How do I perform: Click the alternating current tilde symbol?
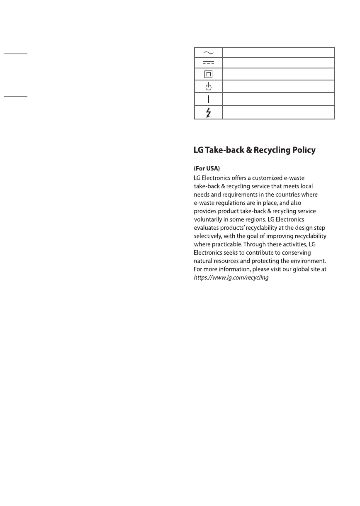click(x=208, y=52)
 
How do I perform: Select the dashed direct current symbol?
click(x=208, y=63)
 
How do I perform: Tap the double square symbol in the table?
click(x=208, y=74)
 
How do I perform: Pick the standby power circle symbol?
click(x=208, y=87)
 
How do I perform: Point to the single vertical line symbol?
click(x=208, y=99)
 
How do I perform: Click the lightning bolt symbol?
click(x=208, y=112)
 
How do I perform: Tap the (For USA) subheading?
click(x=207, y=169)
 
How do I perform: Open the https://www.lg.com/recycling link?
click(x=231, y=277)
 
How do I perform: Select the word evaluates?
click(x=207, y=228)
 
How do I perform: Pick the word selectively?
click(x=209, y=236)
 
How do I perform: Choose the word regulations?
click(x=234, y=203)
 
